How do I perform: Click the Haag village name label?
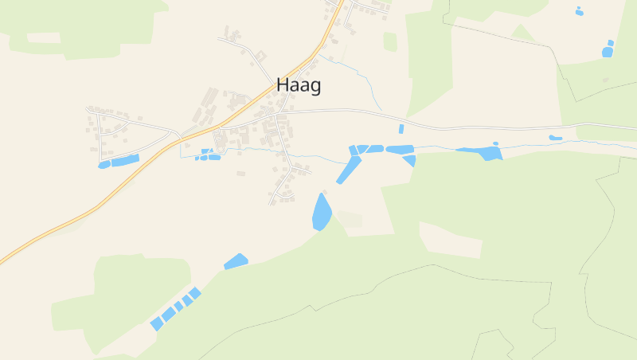click(299, 85)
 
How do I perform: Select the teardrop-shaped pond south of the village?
click(321, 213)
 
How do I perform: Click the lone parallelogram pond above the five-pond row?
click(236, 261)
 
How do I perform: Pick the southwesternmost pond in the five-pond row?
click(156, 324)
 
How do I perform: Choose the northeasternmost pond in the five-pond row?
click(195, 293)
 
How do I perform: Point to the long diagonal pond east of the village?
click(349, 170)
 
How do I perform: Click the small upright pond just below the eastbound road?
click(401, 129)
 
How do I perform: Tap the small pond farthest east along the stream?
click(555, 138)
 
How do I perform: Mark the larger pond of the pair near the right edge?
click(608, 52)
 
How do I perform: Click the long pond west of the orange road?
click(124, 160)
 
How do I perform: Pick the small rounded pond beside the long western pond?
click(104, 165)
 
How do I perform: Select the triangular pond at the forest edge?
click(410, 160)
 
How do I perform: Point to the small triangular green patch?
click(522, 33)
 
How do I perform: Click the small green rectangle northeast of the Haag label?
click(390, 41)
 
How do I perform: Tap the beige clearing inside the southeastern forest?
click(450, 240)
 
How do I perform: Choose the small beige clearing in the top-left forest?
click(44, 37)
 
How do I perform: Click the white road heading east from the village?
click(478, 127)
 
